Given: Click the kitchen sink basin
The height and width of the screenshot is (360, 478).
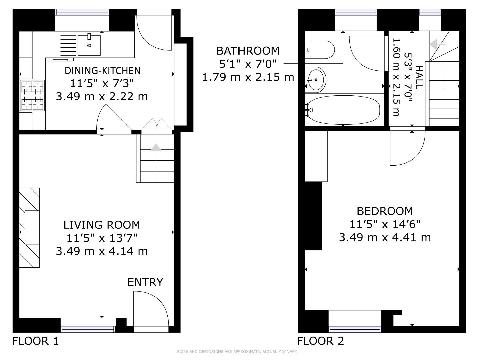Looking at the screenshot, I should pos(89,45).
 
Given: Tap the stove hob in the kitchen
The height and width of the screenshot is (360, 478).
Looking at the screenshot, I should pos(32,95).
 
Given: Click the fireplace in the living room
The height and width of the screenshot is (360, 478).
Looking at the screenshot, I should pos(29,228).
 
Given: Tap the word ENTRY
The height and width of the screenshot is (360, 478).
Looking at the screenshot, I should pos(145,282).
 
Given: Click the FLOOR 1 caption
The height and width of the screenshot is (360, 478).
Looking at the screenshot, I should pos(35,341).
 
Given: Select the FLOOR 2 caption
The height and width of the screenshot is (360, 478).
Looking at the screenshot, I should pos(320,341).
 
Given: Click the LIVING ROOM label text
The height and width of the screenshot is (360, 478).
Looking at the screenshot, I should pos(102,225).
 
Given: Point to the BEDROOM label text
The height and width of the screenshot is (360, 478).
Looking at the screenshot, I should pos(385,211).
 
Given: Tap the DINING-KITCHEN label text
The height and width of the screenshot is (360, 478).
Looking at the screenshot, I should pos(102,71).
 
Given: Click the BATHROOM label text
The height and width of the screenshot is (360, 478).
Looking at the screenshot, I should pos(248,51).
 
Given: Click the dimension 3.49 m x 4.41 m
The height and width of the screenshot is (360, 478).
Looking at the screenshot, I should pos(385,237).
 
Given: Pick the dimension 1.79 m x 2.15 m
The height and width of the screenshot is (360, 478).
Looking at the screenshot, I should pos(248,77).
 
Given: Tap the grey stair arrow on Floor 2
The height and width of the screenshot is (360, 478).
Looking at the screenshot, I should pos(434,44).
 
